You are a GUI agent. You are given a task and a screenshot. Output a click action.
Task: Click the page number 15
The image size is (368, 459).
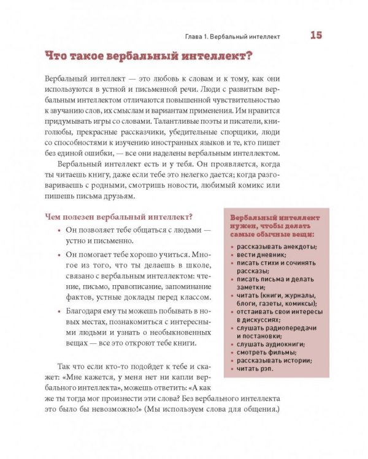[316, 35]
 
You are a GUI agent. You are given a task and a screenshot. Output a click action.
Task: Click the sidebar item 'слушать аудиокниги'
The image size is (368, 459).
[268, 345]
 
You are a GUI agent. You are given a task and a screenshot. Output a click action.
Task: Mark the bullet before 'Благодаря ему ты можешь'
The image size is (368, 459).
[59, 312]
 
